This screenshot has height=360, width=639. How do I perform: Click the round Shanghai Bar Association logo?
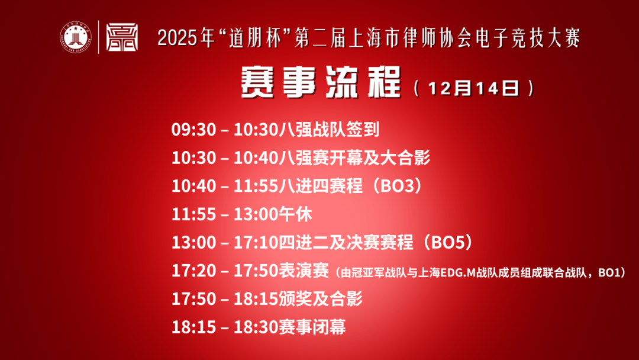(x=75, y=37)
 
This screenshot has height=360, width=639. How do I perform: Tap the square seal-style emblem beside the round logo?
(x=121, y=37)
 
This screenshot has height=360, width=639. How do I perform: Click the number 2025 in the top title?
(x=178, y=38)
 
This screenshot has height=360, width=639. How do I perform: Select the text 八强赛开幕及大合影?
(x=356, y=158)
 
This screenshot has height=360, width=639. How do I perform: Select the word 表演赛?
(x=304, y=271)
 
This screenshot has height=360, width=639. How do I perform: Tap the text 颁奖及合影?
(x=320, y=299)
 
